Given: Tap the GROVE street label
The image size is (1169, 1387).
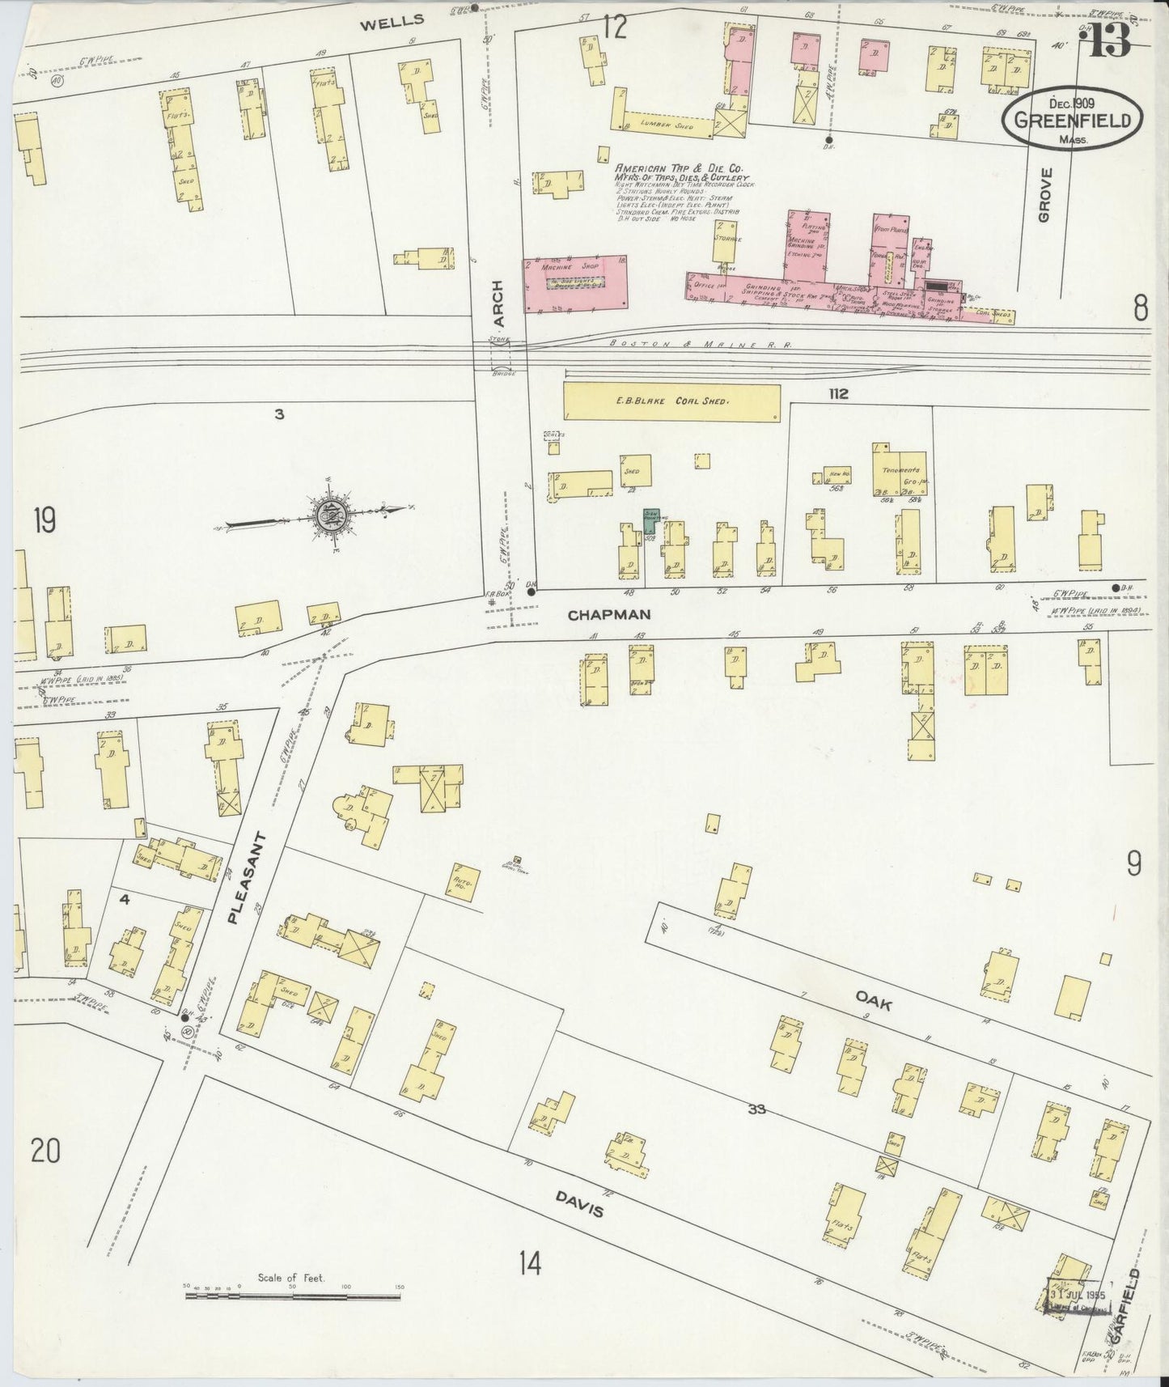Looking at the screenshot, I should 1045,195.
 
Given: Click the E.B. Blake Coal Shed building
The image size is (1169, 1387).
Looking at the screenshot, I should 671,401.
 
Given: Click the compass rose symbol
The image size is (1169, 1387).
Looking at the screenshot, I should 330,512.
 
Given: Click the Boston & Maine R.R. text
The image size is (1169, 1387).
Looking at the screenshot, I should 701,345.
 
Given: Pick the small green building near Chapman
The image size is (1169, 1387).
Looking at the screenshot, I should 650,520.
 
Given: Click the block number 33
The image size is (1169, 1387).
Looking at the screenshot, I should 756,1109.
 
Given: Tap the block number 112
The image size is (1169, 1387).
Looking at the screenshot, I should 837,394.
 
